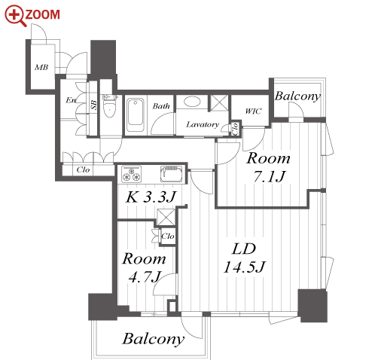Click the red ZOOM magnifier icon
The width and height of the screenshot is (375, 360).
[16, 16]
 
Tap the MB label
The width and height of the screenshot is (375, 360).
[41, 67]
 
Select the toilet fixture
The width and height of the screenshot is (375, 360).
[109, 106]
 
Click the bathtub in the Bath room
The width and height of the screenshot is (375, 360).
[136, 115]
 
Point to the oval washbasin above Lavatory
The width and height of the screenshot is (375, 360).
[192, 102]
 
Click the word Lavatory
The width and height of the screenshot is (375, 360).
[203, 124]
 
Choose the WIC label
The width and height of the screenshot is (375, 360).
[253, 111]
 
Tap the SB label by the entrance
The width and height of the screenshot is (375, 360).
[93, 105]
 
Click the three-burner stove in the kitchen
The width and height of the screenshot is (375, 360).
[131, 174]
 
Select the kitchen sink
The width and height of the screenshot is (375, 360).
[172, 173]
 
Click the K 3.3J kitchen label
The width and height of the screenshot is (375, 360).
[151, 197]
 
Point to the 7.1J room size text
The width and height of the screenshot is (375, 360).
[270, 176]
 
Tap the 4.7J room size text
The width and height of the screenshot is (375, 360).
[145, 276]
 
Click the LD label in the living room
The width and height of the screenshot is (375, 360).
[244, 249]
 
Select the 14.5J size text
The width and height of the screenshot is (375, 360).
[245, 267]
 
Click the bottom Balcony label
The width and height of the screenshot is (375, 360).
[154, 339]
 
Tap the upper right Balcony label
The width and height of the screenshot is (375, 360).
[297, 96]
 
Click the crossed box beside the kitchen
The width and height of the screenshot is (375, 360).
[166, 217]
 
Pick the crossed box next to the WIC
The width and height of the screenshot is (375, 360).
[219, 102]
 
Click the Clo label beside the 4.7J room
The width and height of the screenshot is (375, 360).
[168, 236]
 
